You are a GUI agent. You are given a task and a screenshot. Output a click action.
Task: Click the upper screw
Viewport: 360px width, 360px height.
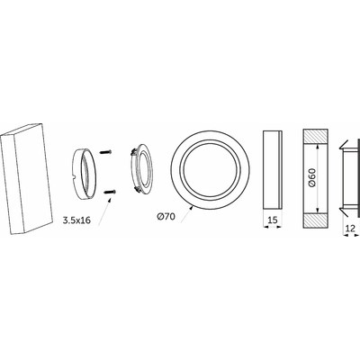(105, 152)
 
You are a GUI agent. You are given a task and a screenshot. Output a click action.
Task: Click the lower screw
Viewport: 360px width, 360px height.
(110, 192)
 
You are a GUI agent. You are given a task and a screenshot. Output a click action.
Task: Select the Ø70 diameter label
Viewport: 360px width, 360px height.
(166, 216)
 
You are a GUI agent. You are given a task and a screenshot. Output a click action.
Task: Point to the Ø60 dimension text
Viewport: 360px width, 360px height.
(312, 177)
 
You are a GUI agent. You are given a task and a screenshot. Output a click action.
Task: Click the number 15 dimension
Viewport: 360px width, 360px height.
(272, 220)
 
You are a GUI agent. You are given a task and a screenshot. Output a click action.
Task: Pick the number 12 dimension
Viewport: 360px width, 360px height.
(350, 229)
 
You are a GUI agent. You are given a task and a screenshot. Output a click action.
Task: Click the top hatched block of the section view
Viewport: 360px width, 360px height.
(315, 137)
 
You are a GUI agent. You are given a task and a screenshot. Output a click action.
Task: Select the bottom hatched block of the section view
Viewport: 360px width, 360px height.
(315, 220)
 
